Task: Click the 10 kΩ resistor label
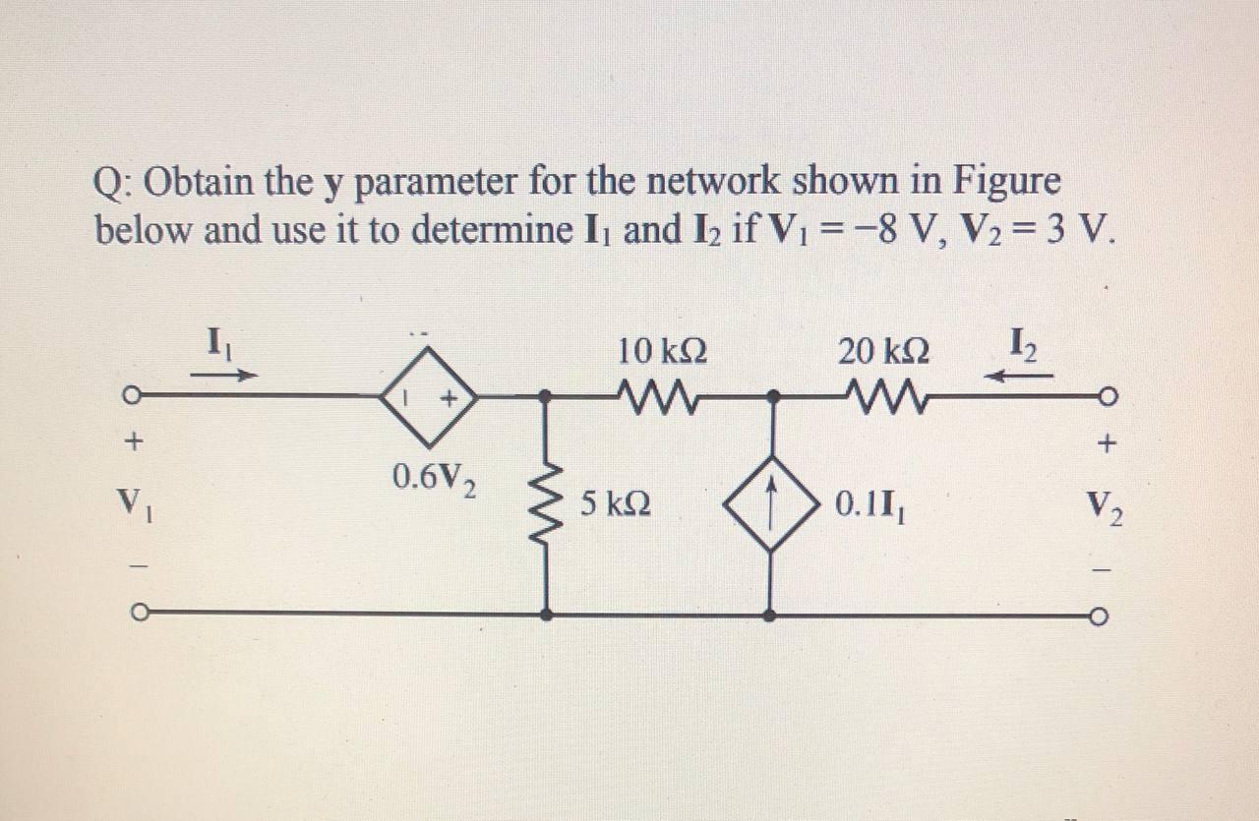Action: point(662,350)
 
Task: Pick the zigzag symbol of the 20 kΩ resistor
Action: point(880,397)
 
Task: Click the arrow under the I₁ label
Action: point(224,375)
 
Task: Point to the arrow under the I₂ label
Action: point(1022,375)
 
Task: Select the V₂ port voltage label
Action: point(1106,507)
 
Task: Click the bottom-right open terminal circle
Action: point(1103,616)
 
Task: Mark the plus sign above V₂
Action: point(1106,445)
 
